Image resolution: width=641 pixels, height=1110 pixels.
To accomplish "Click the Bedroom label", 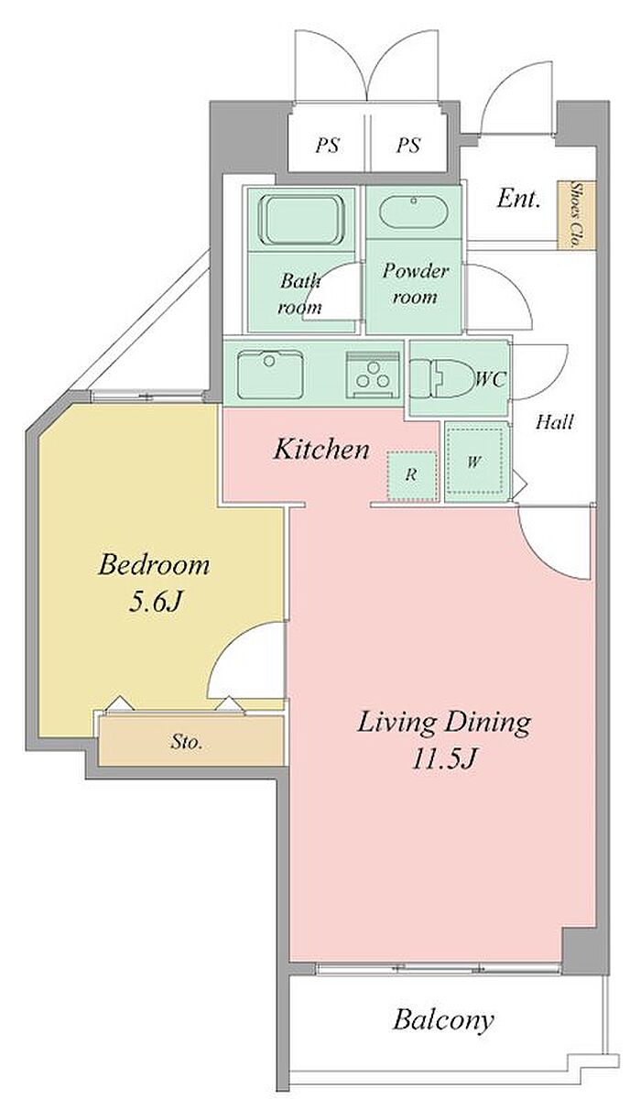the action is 154,565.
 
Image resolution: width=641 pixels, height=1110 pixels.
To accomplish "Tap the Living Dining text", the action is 444,723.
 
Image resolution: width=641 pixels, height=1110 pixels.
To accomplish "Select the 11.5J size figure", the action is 444,759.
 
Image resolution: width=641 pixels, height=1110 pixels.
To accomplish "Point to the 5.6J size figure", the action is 154,602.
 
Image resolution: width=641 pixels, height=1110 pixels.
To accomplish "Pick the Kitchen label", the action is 321,450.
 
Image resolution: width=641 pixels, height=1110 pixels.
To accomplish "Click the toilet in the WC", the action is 440,378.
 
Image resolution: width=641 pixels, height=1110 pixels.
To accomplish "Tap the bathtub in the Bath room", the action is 301,220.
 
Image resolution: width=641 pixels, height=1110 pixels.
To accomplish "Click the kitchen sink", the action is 270,375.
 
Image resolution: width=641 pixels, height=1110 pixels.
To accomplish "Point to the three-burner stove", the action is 373,375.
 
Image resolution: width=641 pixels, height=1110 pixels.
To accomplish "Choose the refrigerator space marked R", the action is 412,475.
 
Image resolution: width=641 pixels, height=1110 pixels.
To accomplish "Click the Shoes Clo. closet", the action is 576,215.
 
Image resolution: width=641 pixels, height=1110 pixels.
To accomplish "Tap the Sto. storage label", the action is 187,743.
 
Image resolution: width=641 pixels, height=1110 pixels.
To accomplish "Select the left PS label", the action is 328,146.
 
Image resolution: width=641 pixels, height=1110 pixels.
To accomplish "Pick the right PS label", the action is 408,146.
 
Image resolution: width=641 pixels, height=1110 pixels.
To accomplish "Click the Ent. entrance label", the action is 518,199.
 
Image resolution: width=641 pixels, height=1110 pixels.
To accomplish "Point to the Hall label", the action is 555,422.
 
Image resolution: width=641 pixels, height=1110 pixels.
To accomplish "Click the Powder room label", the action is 415,284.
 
